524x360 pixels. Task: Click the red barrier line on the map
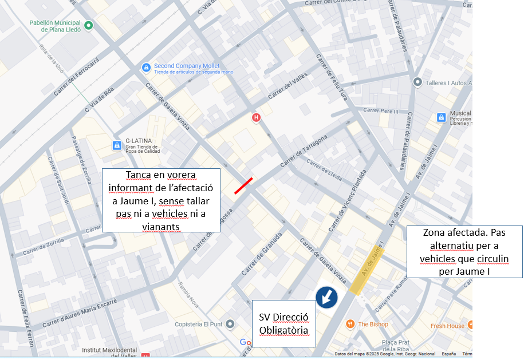(x=243, y=186)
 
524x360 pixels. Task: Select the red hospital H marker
(x=257, y=117)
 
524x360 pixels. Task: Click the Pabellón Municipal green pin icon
(x=88, y=25)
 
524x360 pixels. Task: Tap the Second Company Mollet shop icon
(x=146, y=68)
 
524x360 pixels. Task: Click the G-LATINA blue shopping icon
(x=117, y=145)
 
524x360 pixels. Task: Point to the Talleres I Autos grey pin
(x=417, y=82)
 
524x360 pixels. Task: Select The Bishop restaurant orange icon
(x=350, y=324)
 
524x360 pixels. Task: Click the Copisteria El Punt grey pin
(x=230, y=324)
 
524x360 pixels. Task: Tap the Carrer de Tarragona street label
(x=304, y=152)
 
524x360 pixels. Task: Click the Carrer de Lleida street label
(x=324, y=170)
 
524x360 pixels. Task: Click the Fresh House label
(x=447, y=326)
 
